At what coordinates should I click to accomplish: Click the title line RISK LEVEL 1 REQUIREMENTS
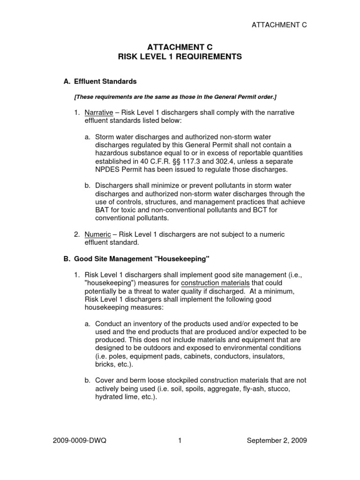[x=180, y=56]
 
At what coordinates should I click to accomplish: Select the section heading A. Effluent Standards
[x=100, y=82]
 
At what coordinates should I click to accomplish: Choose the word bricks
[x=104, y=364]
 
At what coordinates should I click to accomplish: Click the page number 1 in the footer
[x=180, y=441]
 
